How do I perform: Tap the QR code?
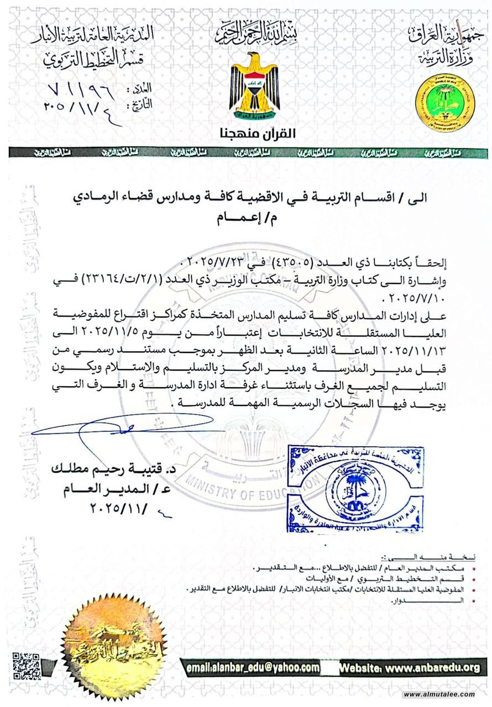click(27, 666)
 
